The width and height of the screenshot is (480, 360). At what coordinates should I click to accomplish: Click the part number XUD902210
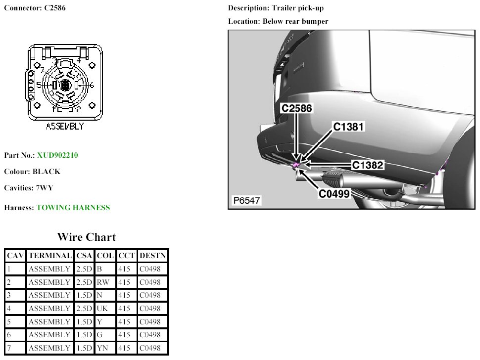pos(57,155)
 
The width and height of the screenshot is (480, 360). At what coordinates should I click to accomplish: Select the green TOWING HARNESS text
pos(73,208)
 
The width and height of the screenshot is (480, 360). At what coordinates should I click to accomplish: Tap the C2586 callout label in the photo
pos(297,108)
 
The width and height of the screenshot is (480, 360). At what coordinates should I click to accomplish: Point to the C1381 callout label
pos(348,127)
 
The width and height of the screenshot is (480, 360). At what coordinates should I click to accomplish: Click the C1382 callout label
pos(368,165)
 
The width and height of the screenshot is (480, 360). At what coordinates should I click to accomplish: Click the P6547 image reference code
pos(247,201)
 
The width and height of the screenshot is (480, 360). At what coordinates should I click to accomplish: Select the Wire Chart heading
pos(87,237)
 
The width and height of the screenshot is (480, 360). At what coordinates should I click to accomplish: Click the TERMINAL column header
pos(50,256)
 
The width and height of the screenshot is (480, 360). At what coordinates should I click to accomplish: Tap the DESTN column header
pos(153,256)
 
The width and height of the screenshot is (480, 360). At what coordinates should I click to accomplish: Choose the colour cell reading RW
pos(104,282)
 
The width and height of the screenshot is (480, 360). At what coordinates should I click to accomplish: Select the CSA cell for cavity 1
pos(84,269)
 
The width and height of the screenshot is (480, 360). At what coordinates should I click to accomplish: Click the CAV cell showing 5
pos(9,322)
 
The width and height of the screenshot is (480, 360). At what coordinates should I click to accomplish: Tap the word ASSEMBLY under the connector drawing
pos(65,127)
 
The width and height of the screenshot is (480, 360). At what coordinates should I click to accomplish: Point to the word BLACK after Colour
pos(47,172)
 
